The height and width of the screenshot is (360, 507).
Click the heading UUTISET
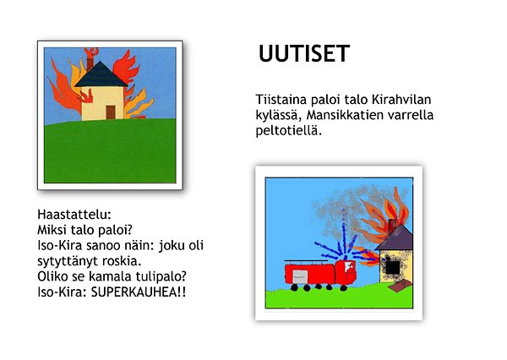(304, 53)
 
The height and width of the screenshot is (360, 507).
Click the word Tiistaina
(281, 100)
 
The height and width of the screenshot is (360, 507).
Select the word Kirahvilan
(401, 100)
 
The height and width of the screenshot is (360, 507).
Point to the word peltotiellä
(288, 131)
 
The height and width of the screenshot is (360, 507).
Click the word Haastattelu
(74, 214)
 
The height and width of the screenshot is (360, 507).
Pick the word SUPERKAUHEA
(134, 292)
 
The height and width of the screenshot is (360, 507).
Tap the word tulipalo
(161, 277)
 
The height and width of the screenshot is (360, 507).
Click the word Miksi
(52, 230)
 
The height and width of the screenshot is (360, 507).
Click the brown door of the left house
(111, 112)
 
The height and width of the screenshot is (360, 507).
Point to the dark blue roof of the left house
(101, 74)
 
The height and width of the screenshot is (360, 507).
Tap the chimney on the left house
(90, 63)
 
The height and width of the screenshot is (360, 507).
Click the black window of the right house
(393, 267)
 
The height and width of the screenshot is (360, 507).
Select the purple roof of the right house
(395, 237)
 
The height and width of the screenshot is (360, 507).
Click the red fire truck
(320, 275)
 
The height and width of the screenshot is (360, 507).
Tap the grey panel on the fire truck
(300, 277)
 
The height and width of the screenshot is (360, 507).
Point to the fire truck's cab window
(350, 267)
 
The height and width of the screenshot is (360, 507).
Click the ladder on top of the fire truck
(306, 260)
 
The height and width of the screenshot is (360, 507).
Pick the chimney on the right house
(392, 226)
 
